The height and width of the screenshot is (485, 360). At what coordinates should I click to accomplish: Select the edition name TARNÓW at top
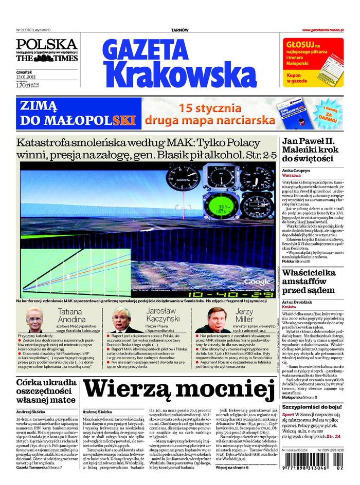(x=180, y=30)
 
